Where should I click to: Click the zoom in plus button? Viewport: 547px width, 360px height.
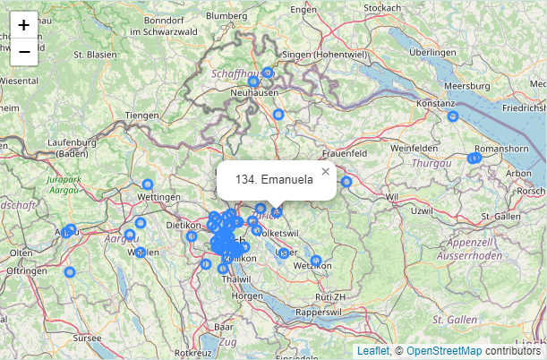(24, 25)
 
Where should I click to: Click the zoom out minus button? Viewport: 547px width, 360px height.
(24, 52)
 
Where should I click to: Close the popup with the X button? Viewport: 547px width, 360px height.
(325, 171)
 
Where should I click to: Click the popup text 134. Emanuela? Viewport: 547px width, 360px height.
(274, 180)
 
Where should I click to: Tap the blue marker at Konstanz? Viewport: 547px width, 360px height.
(453, 116)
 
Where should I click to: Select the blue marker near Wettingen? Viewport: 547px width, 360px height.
(148, 184)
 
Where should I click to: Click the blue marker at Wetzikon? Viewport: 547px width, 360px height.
(316, 261)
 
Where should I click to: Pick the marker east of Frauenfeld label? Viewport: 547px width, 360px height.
(346, 182)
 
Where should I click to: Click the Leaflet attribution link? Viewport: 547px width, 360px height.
(372, 351)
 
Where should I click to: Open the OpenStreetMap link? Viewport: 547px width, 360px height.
(443, 351)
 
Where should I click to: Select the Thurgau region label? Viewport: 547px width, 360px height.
(430, 164)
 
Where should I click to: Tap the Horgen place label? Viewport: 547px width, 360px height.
(246, 296)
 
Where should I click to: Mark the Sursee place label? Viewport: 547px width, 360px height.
(87, 339)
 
